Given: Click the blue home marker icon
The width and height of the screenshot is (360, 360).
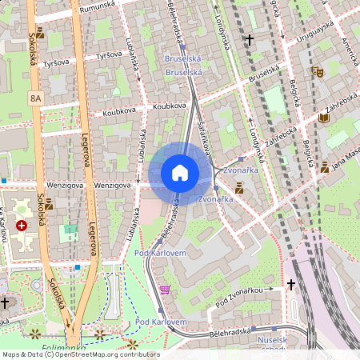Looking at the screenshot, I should (x=180, y=173).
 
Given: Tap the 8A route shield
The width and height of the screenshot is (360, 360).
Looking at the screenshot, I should (x=34, y=98).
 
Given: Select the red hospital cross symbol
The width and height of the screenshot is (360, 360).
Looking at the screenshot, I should (x=22, y=226).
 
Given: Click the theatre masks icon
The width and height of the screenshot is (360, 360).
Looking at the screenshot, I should (x=318, y=71).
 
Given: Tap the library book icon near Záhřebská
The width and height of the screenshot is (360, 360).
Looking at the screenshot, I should (x=323, y=118).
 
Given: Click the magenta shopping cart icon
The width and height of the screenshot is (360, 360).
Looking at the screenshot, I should (x=165, y=290).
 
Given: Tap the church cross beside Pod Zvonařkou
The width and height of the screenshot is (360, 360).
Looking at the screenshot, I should (x=291, y=284).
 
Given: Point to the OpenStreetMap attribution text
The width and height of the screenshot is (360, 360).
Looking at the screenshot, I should (x=80, y=354).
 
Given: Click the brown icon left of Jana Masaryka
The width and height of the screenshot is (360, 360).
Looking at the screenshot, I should (x=325, y=168).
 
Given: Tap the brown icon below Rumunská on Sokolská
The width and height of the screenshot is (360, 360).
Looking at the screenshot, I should (x=40, y=34).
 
